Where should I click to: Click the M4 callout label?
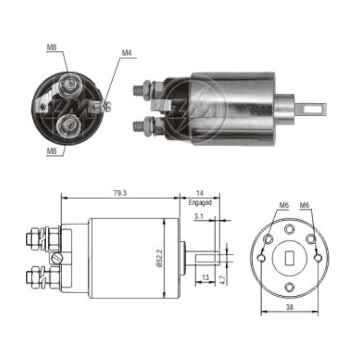(x=127, y=53)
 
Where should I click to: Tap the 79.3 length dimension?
(x=119, y=193)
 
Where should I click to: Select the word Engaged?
(x=200, y=203)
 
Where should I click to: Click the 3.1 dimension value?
(x=199, y=217)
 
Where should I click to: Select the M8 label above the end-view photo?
(x=51, y=47)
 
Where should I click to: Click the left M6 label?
(x=284, y=206)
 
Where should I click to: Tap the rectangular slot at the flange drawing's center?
(x=290, y=256)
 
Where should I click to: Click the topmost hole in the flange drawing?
(x=290, y=228)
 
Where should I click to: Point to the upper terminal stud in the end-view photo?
(x=69, y=84)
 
